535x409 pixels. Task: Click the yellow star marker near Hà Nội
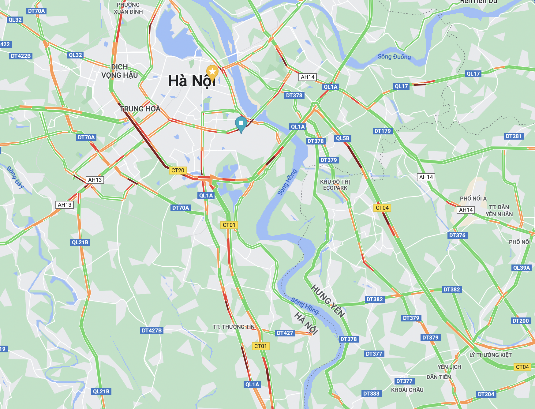212,72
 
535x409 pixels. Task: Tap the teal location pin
241,123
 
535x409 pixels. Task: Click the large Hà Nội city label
192,81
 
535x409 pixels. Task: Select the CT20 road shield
178,171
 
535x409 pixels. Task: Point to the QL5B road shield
342,138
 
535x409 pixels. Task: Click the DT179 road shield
383,131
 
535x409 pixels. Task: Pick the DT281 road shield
514,136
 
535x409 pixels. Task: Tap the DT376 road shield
457,235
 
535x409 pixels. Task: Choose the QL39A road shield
521,268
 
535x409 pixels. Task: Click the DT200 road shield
520,321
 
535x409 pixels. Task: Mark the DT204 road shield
486,394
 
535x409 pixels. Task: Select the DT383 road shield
371,394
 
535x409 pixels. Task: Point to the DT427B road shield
152,331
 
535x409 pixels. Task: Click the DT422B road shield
21,56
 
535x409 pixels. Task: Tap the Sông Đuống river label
394,57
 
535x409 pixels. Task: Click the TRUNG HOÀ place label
140,109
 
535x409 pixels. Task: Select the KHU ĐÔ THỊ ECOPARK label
335,185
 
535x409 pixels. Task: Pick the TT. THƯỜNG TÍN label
234,327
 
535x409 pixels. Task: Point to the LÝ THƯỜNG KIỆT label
490,355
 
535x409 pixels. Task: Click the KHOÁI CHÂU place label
407,390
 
